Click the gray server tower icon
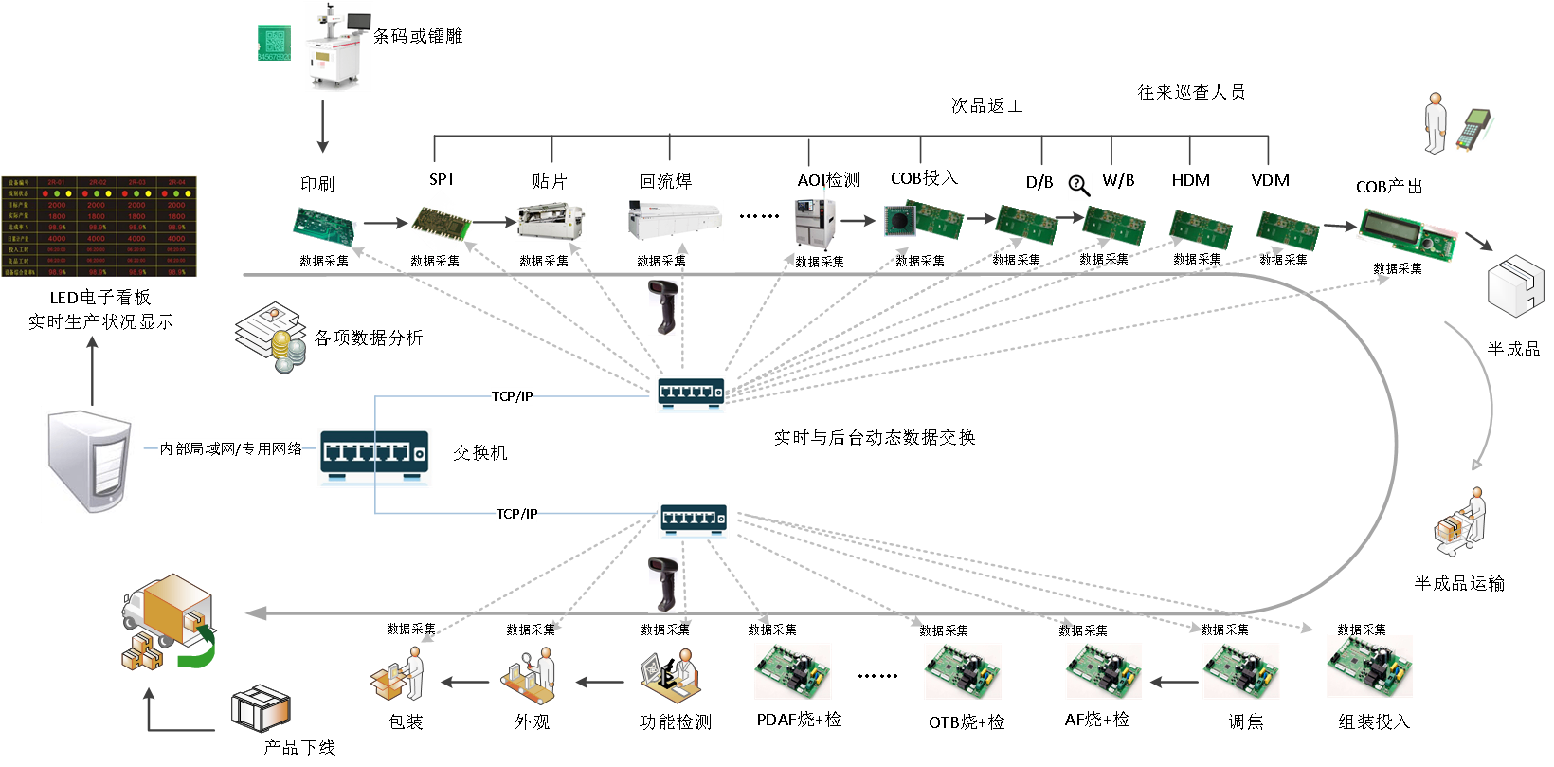point(91,465)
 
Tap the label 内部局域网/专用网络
point(230,448)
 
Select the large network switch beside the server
point(374,457)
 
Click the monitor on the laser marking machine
point(359,23)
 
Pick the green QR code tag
point(274,43)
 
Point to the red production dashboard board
point(99,227)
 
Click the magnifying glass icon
point(1079,186)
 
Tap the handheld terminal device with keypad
point(1474,129)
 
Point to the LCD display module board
point(1407,233)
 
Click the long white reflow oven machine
point(676,221)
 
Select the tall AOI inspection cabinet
point(816,217)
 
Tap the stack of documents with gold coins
point(272,338)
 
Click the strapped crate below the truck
point(261,708)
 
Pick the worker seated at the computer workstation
point(671,675)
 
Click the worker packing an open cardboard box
point(398,675)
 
